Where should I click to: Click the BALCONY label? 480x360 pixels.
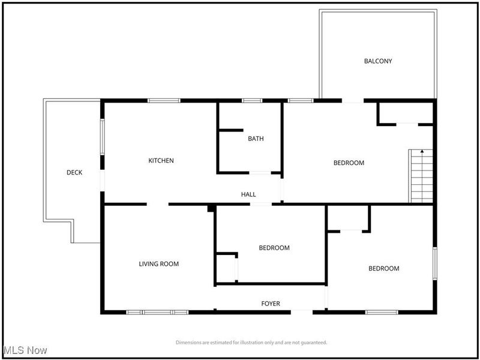click(x=378, y=61)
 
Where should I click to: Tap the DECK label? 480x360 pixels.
click(x=74, y=173)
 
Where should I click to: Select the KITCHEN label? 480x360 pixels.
click(x=161, y=160)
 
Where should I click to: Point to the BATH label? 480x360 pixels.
click(x=256, y=139)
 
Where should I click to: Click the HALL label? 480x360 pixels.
click(x=248, y=194)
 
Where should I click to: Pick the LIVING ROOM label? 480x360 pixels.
click(x=159, y=264)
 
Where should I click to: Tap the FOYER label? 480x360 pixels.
click(x=270, y=304)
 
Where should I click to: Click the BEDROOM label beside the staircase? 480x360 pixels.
click(x=349, y=163)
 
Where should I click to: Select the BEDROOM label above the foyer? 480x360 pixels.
click(x=274, y=248)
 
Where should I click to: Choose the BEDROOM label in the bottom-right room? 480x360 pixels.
click(x=383, y=268)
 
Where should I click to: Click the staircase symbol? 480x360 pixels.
click(x=421, y=176)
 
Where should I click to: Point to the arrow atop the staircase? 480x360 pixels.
click(x=421, y=152)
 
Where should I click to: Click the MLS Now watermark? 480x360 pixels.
click(x=25, y=350)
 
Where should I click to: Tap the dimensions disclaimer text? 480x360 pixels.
click(x=251, y=343)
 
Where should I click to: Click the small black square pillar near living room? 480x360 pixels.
click(x=211, y=208)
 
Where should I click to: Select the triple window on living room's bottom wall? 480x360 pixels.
click(x=157, y=312)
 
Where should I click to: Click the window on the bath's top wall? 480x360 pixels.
click(x=251, y=100)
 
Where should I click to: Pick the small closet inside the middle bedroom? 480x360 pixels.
click(x=226, y=268)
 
